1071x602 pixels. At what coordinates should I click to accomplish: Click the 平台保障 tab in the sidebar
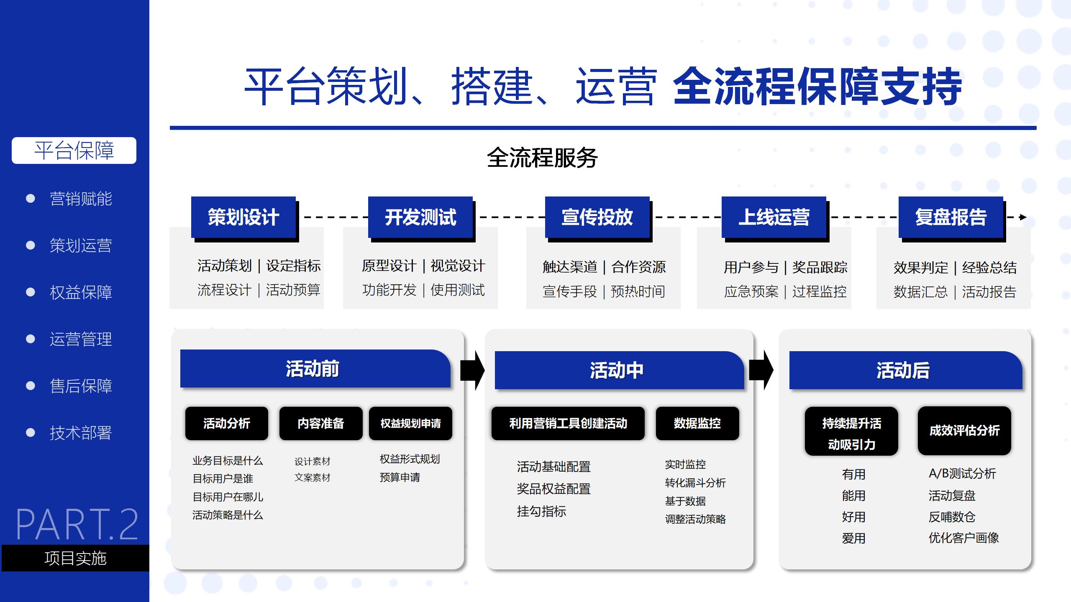click(74, 150)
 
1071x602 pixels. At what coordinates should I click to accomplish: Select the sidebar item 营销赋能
click(81, 199)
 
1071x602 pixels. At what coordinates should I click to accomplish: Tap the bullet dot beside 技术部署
click(31, 432)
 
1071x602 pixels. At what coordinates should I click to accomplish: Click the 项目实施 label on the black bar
click(75, 558)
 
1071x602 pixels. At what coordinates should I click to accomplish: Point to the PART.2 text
click(77, 524)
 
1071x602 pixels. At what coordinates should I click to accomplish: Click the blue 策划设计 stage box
click(243, 217)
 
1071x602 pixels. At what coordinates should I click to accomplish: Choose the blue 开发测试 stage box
click(420, 217)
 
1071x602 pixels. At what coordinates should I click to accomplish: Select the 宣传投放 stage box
click(597, 217)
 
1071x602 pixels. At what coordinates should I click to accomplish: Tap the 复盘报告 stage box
click(951, 217)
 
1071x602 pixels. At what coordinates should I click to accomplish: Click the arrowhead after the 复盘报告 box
click(1023, 217)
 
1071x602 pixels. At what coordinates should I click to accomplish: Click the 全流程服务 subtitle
click(542, 158)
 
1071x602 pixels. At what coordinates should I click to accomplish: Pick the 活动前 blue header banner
click(315, 368)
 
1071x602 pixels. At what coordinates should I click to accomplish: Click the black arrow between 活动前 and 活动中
click(472, 370)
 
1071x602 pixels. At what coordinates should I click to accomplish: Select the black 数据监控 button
click(697, 423)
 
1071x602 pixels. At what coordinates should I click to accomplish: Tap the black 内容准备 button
click(321, 423)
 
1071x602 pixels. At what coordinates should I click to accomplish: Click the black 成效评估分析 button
click(964, 431)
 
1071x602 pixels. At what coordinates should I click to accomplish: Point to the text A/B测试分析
click(962, 474)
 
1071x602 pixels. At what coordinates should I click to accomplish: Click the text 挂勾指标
click(541, 511)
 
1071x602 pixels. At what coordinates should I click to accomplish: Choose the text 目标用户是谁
click(223, 478)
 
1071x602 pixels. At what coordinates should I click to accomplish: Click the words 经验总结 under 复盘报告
click(989, 268)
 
